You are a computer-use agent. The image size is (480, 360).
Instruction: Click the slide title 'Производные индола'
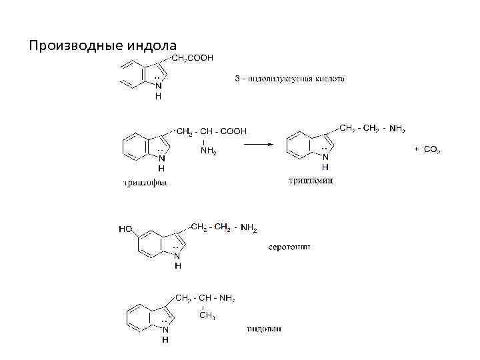103,46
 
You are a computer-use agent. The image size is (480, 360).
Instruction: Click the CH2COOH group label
193,59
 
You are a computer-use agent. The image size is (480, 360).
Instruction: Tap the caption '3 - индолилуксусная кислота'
290,79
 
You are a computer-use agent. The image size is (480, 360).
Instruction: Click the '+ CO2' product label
427,150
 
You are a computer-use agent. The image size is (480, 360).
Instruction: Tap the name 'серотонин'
289,247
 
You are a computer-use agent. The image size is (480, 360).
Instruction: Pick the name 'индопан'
264,329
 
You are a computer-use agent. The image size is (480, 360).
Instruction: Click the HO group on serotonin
126,229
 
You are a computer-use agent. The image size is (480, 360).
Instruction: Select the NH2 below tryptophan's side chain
208,151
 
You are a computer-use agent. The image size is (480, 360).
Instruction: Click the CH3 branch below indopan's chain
207,315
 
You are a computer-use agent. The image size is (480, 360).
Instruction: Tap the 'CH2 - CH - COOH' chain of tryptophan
211,131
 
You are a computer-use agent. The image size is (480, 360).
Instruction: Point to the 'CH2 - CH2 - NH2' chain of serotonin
224,228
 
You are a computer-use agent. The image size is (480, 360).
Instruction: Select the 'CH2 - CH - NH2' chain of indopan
205,298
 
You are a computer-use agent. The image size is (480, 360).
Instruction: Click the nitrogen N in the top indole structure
157,85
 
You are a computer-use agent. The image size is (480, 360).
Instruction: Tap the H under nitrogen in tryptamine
325,167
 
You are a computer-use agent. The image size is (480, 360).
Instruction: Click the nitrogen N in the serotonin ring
177,255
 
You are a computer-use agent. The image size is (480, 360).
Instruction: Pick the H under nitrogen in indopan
165,339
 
